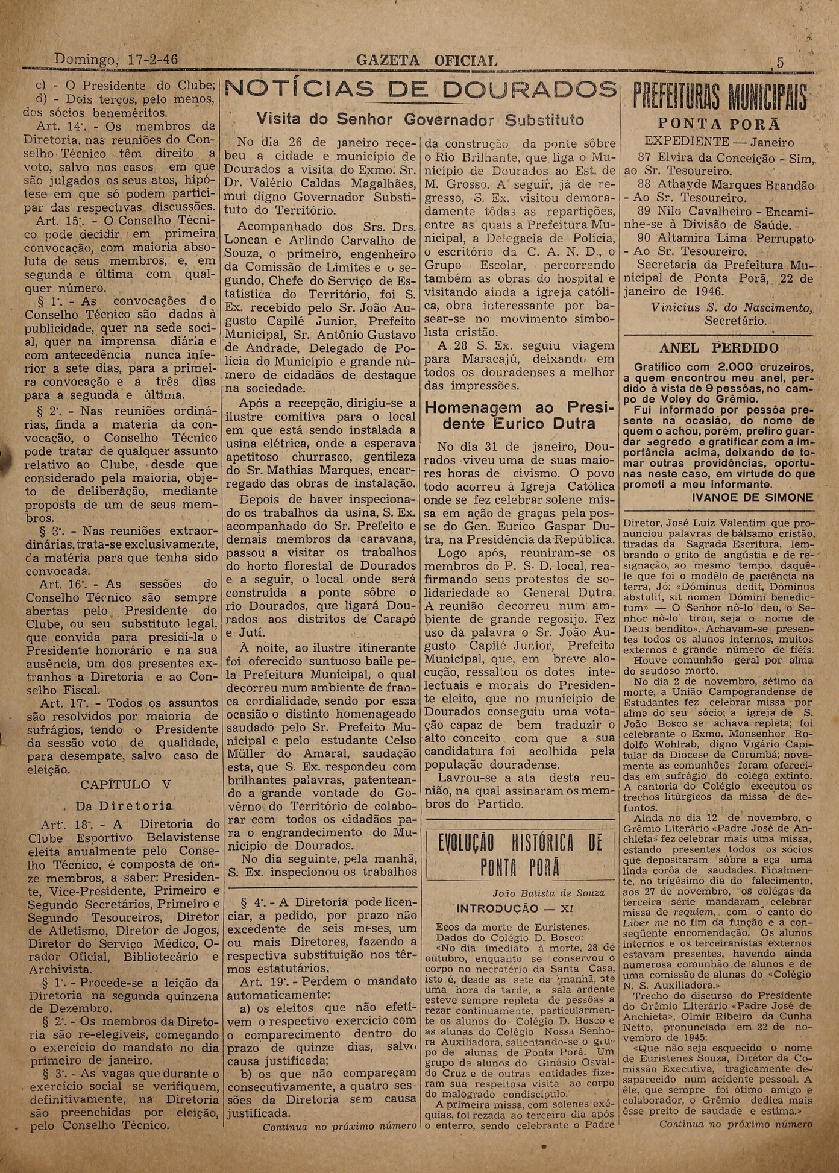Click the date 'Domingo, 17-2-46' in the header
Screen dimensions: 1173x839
pyautogui.click(x=116, y=60)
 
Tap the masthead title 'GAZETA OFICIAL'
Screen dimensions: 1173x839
pyautogui.click(x=427, y=61)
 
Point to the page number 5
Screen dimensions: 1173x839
pyautogui.click(x=780, y=63)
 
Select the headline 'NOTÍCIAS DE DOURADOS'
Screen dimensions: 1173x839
pyautogui.click(x=421, y=90)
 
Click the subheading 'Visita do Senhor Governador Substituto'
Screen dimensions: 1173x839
pyautogui.click(x=420, y=119)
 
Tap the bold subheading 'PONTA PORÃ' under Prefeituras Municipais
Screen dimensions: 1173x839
pyautogui.click(x=719, y=124)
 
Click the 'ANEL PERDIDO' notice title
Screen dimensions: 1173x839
pyautogui.click(x=718, y=348)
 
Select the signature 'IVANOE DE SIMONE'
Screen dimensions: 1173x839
pyautogui.click(x=753, y=497)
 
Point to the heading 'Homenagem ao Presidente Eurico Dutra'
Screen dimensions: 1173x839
pyautogui.click(x=520, y=415)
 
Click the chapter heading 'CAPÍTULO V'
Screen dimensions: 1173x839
pyautogui.click(x=125, y=785)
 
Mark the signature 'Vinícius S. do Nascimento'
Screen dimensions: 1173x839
pyautogui.click(x=732, y=307)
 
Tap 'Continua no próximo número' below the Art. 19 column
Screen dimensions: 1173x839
pyautogui.click(x=339, y=1126)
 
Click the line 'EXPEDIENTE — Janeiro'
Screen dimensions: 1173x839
pyautogui.click(x=719, y=143)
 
